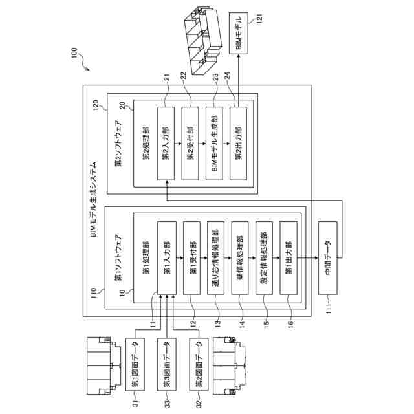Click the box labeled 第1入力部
pos(167,257)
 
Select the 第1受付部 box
pos(191,257)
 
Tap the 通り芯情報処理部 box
pos(215,257)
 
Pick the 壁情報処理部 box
pos(240,257)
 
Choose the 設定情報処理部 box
pos(265,257)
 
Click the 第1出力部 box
pos(289,257)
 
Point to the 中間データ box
pos(328,257)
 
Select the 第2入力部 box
pos(166,144)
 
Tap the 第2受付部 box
pos(190,144)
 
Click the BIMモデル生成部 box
pos(214,144)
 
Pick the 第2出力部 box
pos(239,144)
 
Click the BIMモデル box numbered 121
pos(239,33)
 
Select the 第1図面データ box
pos(135,364)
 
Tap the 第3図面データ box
pos(167,364)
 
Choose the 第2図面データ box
pos(199,364)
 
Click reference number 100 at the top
pos(74,52)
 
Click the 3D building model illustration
pos(203,41)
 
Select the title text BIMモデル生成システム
pos(93,199)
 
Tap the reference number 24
pos(227,76)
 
